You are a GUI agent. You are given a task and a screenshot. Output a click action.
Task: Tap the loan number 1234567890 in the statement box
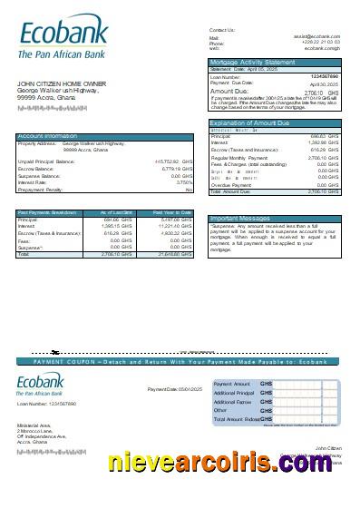tap(324, 77)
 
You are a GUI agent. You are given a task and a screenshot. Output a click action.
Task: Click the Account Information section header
tap(47, 136)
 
